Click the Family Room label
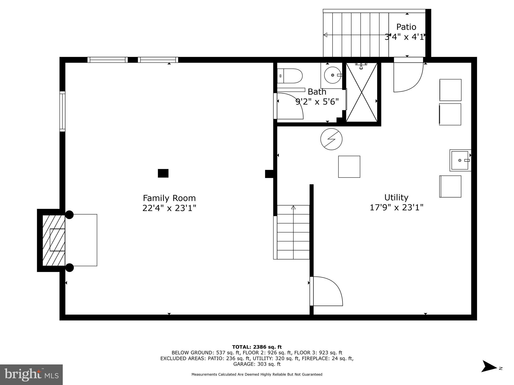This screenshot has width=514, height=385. coord(169,198)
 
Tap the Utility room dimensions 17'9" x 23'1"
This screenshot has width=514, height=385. coord(396,208)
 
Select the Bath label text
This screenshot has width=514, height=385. coord(317,92)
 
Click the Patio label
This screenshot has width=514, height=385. coord(406,27)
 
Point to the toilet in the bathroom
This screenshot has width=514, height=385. coord(290,76)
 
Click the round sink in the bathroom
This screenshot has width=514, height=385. coord(333,75)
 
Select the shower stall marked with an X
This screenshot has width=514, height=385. coord(362,92)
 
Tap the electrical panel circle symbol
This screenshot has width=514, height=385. coord(331,139)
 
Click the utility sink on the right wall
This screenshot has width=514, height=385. coord(460,160)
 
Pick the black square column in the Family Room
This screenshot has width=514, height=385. coord(163,173)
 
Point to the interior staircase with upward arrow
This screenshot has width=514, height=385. coord(293,232)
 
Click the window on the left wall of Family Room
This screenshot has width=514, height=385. coord(62,111)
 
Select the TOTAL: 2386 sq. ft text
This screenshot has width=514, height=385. coord(257,347)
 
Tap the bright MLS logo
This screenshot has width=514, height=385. coord(31,375)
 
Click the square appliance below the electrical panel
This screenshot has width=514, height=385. coord(349,167)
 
